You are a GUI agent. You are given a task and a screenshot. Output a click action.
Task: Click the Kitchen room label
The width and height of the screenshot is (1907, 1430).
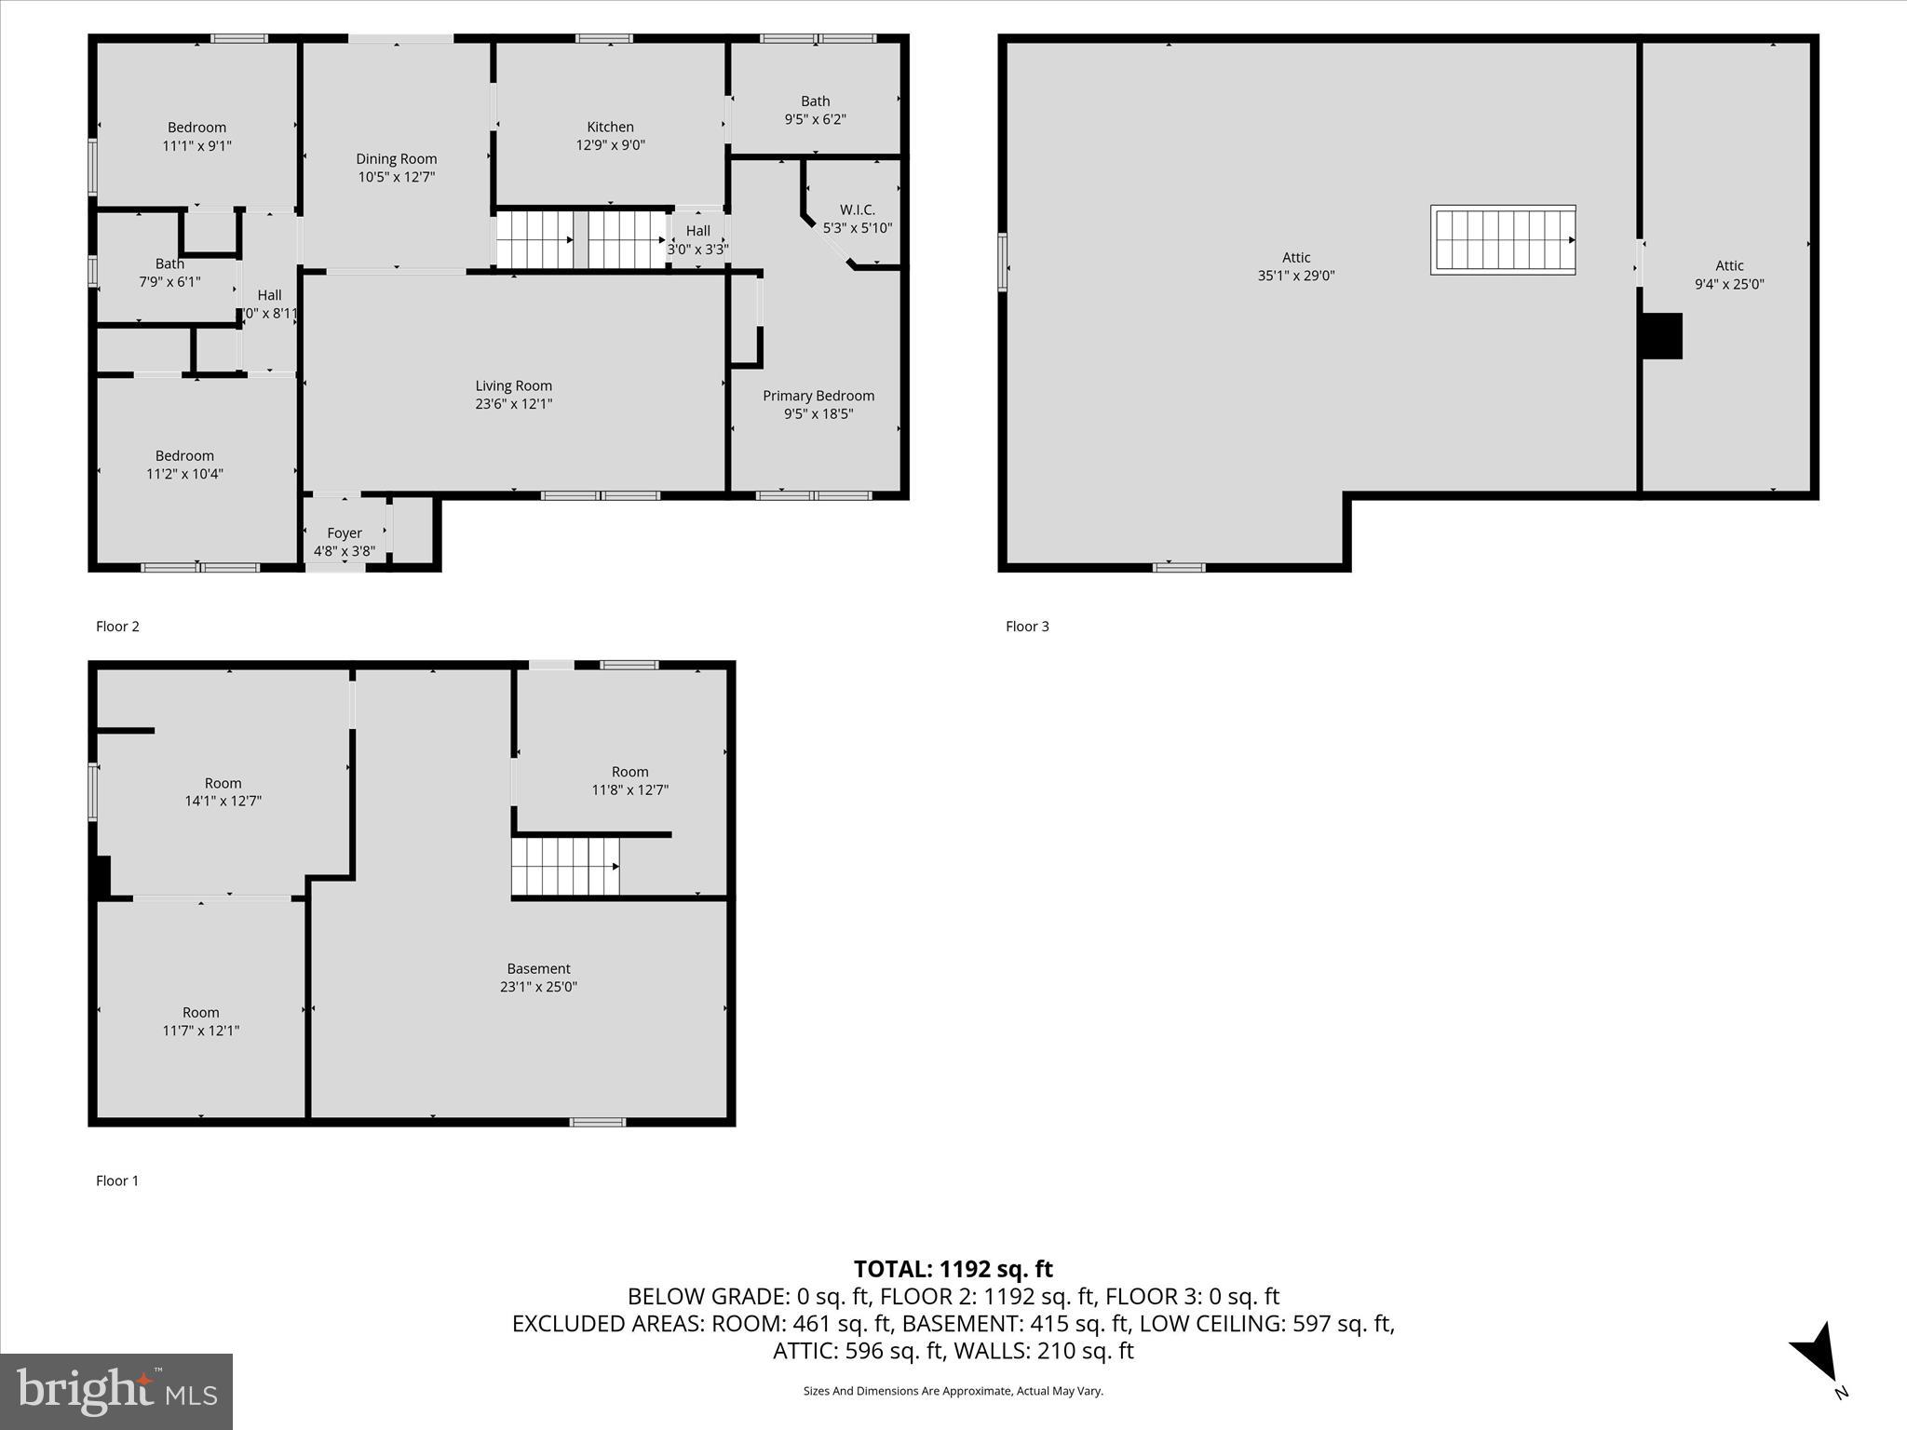[610, 128]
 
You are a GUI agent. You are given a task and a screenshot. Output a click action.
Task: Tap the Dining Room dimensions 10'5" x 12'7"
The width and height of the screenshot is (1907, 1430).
[396, 177]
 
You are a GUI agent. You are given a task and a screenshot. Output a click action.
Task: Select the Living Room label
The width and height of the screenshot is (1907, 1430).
[513, 386]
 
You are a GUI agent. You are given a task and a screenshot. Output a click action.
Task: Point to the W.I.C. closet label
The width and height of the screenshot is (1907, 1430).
[857, 210]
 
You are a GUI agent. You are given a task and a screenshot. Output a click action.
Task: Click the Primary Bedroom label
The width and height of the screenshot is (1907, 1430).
[818, 397]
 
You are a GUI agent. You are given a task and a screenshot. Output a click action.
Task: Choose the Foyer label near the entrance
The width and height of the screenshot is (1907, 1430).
[344, 533]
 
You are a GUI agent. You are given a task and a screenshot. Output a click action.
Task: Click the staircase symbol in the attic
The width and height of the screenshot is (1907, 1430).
[1502, 240]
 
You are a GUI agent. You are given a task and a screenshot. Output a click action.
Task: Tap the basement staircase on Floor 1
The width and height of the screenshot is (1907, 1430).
[565, 866]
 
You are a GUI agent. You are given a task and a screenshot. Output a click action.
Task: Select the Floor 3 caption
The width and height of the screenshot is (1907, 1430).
[1027, 627]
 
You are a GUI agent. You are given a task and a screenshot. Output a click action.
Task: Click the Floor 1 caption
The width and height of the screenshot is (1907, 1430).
[117, 1180]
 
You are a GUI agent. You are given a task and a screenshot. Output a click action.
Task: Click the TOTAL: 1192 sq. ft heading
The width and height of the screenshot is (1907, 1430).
[953, 1269]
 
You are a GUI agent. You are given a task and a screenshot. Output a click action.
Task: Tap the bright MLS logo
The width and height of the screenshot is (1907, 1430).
[116, 1391]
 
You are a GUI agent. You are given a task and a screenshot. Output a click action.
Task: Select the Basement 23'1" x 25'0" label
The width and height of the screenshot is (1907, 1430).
[538, 978]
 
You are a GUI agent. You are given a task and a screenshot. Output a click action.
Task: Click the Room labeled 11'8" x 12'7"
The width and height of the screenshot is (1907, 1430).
[629, 781]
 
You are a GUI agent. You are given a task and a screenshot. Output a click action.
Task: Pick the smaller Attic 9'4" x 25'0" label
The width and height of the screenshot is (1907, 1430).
[1728, 276]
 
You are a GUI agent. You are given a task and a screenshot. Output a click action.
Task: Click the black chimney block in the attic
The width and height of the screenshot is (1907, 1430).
[1660, 336]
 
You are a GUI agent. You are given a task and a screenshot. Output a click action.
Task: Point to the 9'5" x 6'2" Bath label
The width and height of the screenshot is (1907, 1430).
[815, 111]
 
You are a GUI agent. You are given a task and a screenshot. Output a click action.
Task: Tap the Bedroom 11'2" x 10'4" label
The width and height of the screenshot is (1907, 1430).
[184, 465]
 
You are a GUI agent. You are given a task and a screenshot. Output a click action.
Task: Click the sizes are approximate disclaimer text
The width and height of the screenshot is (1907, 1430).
[953, 1391]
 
